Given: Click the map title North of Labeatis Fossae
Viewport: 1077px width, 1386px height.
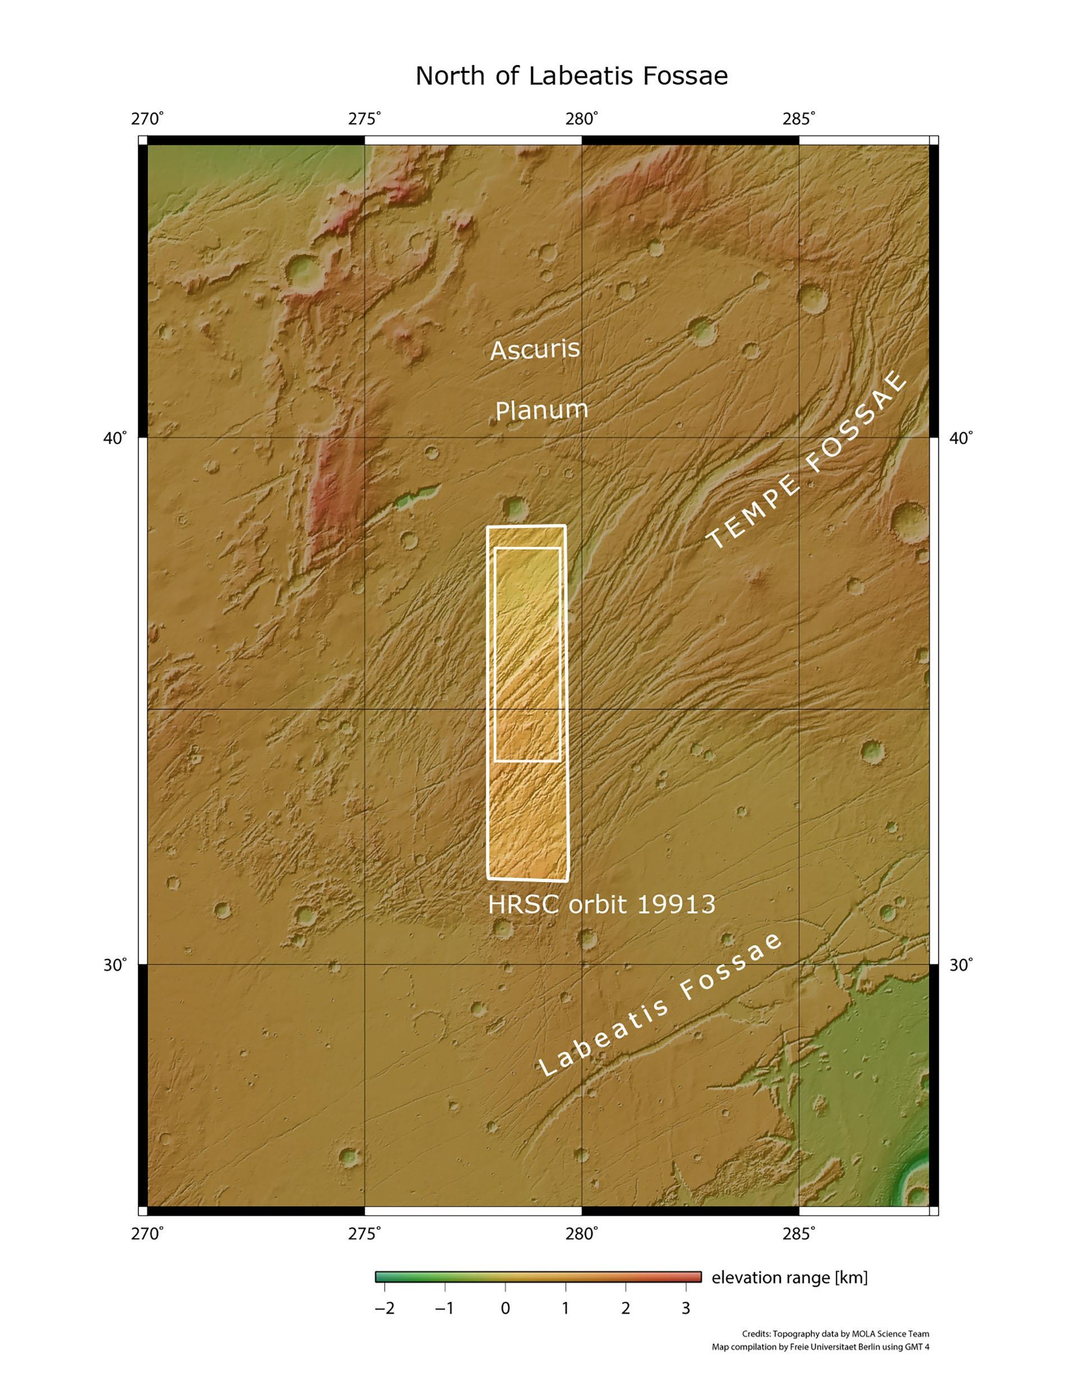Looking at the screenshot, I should tap(571, 76).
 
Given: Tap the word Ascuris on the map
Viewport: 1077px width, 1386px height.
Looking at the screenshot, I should tap(535, 350).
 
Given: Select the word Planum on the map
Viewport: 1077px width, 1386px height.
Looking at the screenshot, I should tap(541, 410).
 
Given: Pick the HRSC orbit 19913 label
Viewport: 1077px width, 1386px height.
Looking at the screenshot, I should tap(601, 905).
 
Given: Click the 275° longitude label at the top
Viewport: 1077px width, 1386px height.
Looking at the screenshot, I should tap(364, 119).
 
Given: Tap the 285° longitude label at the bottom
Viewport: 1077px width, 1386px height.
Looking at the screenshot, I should tap(798, 1233).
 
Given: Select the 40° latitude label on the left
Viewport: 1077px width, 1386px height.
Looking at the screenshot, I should tap(115, 438).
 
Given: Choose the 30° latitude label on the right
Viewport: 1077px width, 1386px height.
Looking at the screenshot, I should tap(960, 965).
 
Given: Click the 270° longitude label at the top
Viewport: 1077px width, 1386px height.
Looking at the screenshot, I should tap(148, 119).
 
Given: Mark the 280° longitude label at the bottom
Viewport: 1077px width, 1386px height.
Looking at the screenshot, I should tap(581, 1233).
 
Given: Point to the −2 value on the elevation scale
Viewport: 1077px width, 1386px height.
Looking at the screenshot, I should tap(384, 1308).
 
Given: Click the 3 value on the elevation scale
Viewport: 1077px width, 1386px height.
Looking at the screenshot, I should tap(686, 1308).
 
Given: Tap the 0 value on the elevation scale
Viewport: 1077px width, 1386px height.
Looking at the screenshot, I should tap(505, 1308).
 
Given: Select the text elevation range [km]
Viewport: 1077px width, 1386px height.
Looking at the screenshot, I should tap(789, 1277).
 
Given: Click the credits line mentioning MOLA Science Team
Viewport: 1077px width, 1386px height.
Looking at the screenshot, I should tap(835, 1334).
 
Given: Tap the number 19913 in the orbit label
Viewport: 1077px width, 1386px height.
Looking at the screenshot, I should tap(676, 905).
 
